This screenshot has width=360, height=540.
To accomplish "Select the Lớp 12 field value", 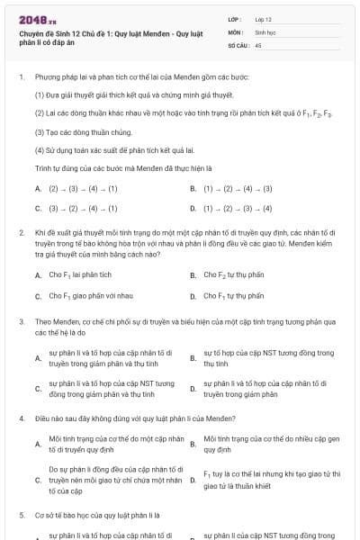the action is click(264, 18).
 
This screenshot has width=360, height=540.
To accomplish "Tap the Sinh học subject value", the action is click(265, 31).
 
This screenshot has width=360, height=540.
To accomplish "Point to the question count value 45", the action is click(258, 43).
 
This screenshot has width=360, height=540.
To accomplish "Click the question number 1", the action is click(22, 77).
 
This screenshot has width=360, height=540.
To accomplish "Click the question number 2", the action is click(22, 232).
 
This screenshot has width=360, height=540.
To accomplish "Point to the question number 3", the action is click(22, 320).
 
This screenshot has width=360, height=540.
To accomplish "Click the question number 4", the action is click(22, 418).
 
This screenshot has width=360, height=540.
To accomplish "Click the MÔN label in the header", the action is click(233, 31).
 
